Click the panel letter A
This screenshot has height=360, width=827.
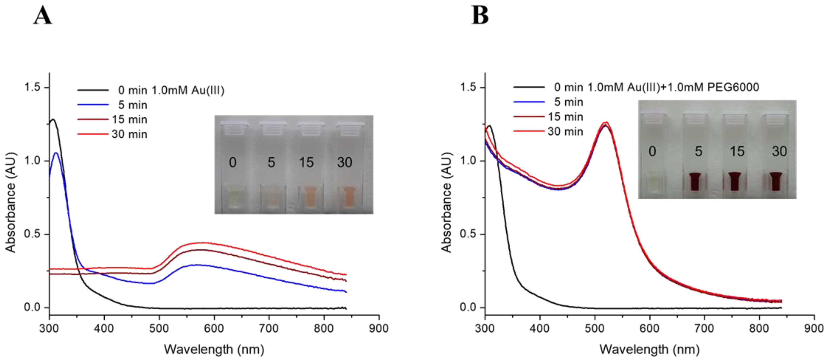point(42,16)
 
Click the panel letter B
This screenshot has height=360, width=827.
point(480,15)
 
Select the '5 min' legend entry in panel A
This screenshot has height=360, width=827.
point(132,105)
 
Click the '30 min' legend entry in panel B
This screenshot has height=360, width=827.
point(565,131)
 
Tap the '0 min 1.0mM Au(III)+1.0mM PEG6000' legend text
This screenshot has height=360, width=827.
point(656,87)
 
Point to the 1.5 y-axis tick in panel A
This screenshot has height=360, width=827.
point(33,87)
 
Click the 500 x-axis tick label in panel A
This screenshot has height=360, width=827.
point(159,328)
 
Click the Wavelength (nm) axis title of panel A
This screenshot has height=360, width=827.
point(214,349)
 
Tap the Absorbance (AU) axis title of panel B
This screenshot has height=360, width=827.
point(446,202)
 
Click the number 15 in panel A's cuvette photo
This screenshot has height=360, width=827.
point(306,162)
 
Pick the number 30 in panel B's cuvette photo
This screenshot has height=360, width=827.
point(779,151)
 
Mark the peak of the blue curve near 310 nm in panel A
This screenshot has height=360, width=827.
point(56,153)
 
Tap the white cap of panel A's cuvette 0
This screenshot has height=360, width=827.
point(234,124)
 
